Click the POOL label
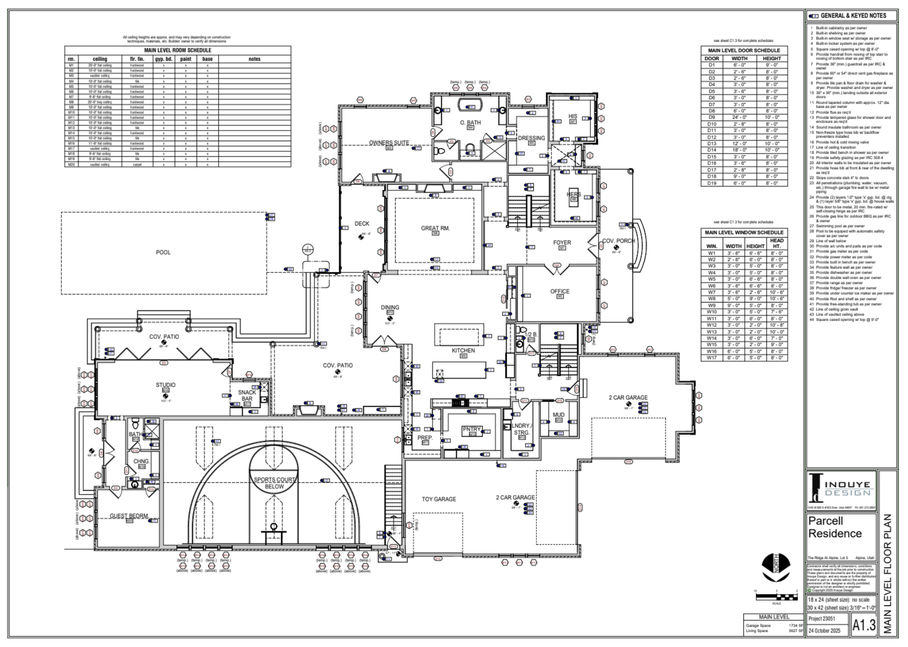[163, 252]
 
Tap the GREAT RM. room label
[435, 228]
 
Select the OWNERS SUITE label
[389, 143]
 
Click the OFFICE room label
[560, 291]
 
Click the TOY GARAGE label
[439, 499]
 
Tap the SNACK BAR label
[247, 395]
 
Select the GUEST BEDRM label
[129, 516]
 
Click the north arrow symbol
[776, 568]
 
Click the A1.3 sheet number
[864, 625]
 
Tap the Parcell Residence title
[835, 527]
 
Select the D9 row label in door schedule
[712, 118]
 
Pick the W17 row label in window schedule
[712, 358]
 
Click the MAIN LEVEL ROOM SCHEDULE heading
[178, 50]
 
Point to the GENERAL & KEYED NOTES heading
[853, 16]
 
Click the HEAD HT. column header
[776, 243]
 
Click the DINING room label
[390, 307]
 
